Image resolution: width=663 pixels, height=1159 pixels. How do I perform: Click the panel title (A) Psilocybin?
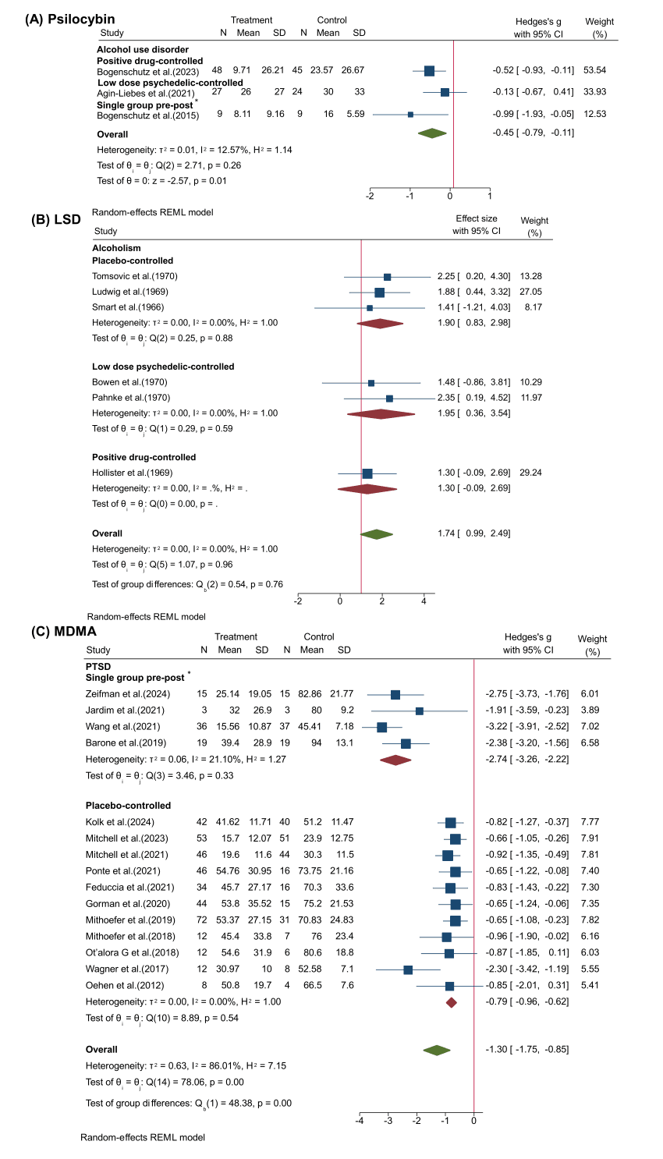[x=70, y=19]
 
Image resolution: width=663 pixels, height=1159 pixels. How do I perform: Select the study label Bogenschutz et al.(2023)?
[x=148, y=71]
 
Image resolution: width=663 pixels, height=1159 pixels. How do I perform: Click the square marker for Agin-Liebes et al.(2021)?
[x=445, y=92]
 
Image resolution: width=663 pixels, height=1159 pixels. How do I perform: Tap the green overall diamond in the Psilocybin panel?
[x=432, y=133]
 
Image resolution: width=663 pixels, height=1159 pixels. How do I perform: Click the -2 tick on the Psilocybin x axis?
[x=370, y=196]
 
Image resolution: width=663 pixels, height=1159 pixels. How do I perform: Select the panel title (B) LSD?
[x=55, y=219]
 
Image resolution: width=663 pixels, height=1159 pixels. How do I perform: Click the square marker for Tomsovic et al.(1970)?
[x=388, y=277]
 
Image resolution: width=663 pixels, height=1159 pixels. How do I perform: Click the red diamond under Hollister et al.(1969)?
[x=367, y=488]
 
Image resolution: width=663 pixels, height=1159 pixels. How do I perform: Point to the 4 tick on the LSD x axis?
[x=424, y=601]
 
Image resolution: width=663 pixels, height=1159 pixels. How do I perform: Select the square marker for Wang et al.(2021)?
[x=381, y=727]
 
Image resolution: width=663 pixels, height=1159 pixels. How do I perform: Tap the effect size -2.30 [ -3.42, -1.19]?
[x=527, y=969]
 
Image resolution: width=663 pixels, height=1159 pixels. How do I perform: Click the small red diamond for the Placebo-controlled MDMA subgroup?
[x=451, y=1001]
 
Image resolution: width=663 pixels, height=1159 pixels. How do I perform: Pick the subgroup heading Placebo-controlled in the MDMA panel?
[x=128, y=805]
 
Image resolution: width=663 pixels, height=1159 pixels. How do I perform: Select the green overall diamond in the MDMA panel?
[x=437, y=1050]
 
